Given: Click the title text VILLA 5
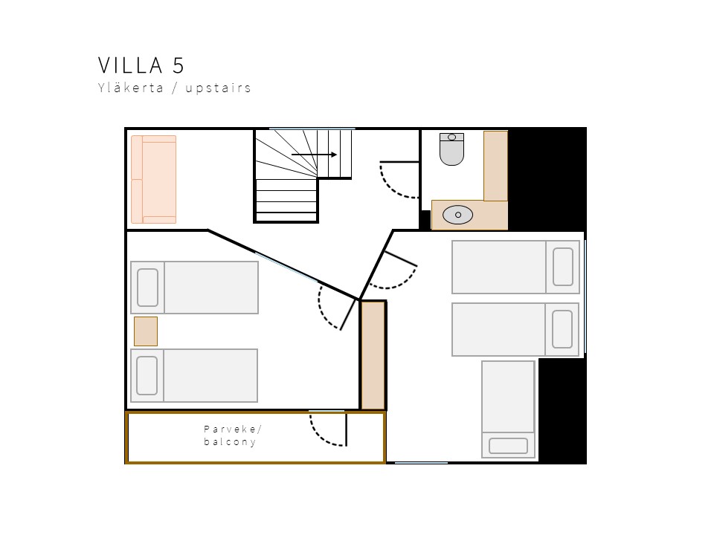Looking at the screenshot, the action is click(141, 65).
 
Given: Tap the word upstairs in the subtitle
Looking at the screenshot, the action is click(218, 88).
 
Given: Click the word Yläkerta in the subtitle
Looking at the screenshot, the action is click(131, 87).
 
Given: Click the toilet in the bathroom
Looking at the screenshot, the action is click(451, 149).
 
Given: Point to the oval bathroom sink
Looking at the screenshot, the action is click(457, 215).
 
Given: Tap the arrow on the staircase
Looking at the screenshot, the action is click(314, 155).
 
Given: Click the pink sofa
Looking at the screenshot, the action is click(153, 180).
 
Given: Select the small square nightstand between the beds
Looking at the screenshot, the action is click(146, 331).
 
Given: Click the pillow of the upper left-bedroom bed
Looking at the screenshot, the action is click(147, 288).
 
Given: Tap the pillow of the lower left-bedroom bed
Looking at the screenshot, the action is click(147, 375).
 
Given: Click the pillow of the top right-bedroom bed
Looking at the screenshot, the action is click(563, 267).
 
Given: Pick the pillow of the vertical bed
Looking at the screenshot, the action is click(508, 446).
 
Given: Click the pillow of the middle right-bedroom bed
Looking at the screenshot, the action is click(562, 329).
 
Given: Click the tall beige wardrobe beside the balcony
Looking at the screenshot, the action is click(373, 355).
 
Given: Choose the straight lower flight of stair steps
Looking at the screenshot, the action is click(286, 200).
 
